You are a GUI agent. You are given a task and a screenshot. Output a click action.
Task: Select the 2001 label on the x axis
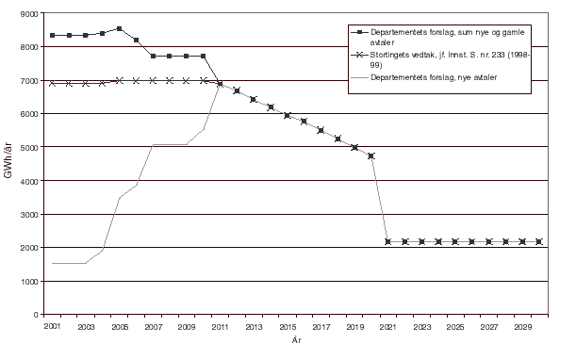click(x=52, y=326)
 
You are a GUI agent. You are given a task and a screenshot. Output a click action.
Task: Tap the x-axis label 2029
click(x=522, y=326)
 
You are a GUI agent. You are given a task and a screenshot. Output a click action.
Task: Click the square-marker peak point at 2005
click(x=119, y=28)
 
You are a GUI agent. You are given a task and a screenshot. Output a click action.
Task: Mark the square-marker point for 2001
click(x=52, y=35)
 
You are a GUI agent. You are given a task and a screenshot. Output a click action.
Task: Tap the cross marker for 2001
click(x=52, y=83)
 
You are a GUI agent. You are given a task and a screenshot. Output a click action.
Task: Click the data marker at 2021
click(x=388, y=242)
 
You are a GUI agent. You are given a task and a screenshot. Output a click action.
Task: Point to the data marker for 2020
click(x=371, y=155)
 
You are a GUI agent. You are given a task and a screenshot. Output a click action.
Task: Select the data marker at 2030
click(x=539, y=242)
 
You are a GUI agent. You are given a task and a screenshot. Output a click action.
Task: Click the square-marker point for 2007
click(x=153, y=57)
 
